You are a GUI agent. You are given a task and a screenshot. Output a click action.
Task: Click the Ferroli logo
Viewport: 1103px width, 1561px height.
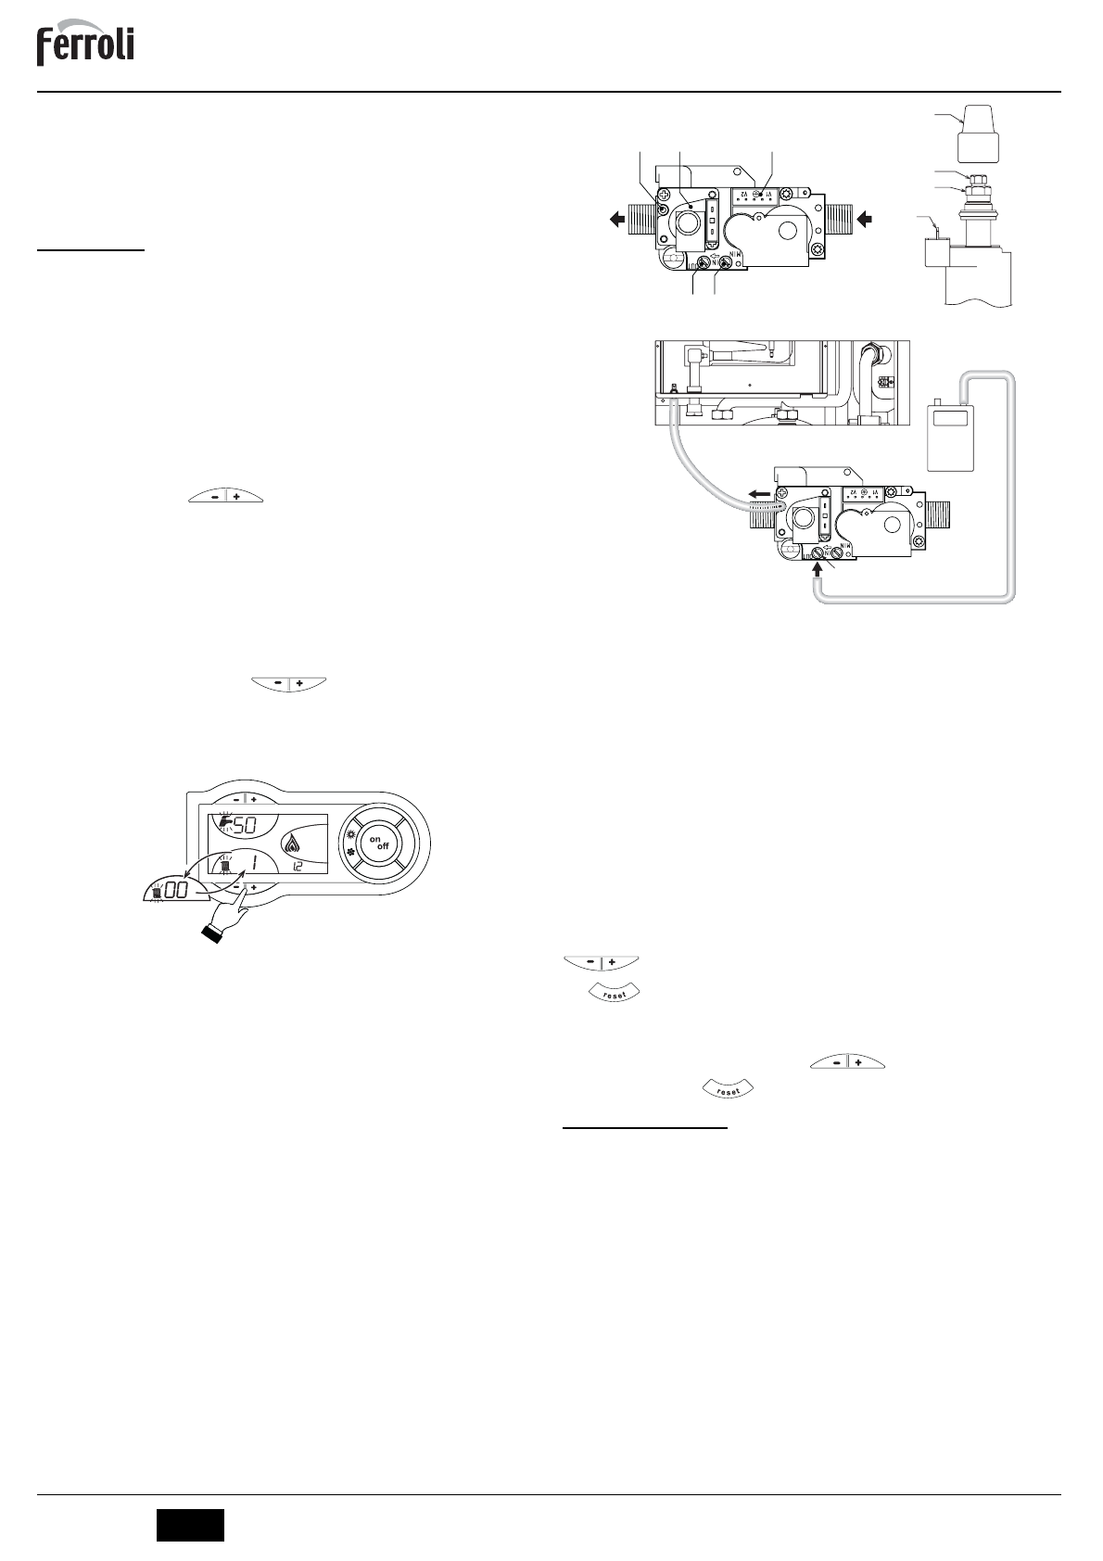(x=85, y=45)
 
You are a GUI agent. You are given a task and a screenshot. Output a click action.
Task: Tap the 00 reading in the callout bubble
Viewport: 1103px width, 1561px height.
(x=177, y=888)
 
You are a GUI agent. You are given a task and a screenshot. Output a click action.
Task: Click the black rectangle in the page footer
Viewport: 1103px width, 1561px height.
(x=190, y=1525)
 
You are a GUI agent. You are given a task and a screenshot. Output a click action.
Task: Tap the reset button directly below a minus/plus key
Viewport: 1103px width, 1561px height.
(x=614, y=993)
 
